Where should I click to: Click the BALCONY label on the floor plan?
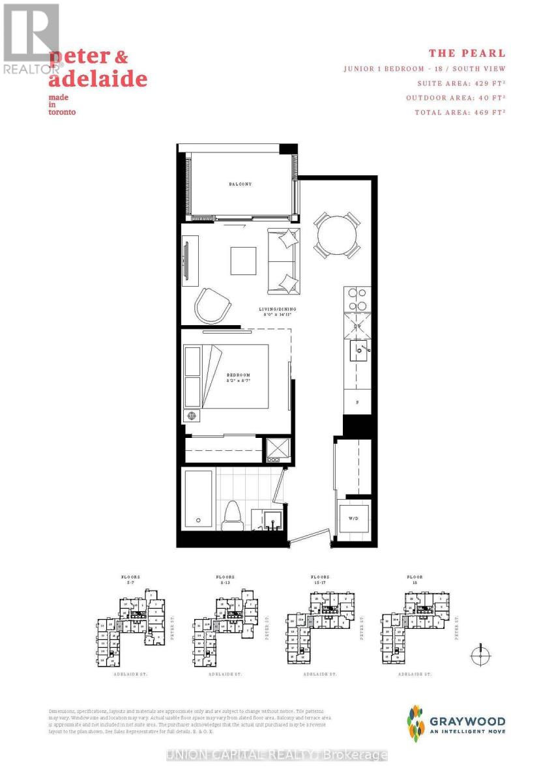[240, 184]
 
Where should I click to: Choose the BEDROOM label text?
[239, 376]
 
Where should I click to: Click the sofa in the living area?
[284, 261]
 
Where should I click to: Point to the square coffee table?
[243, 261]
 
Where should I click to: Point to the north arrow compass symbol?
[480, 654]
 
